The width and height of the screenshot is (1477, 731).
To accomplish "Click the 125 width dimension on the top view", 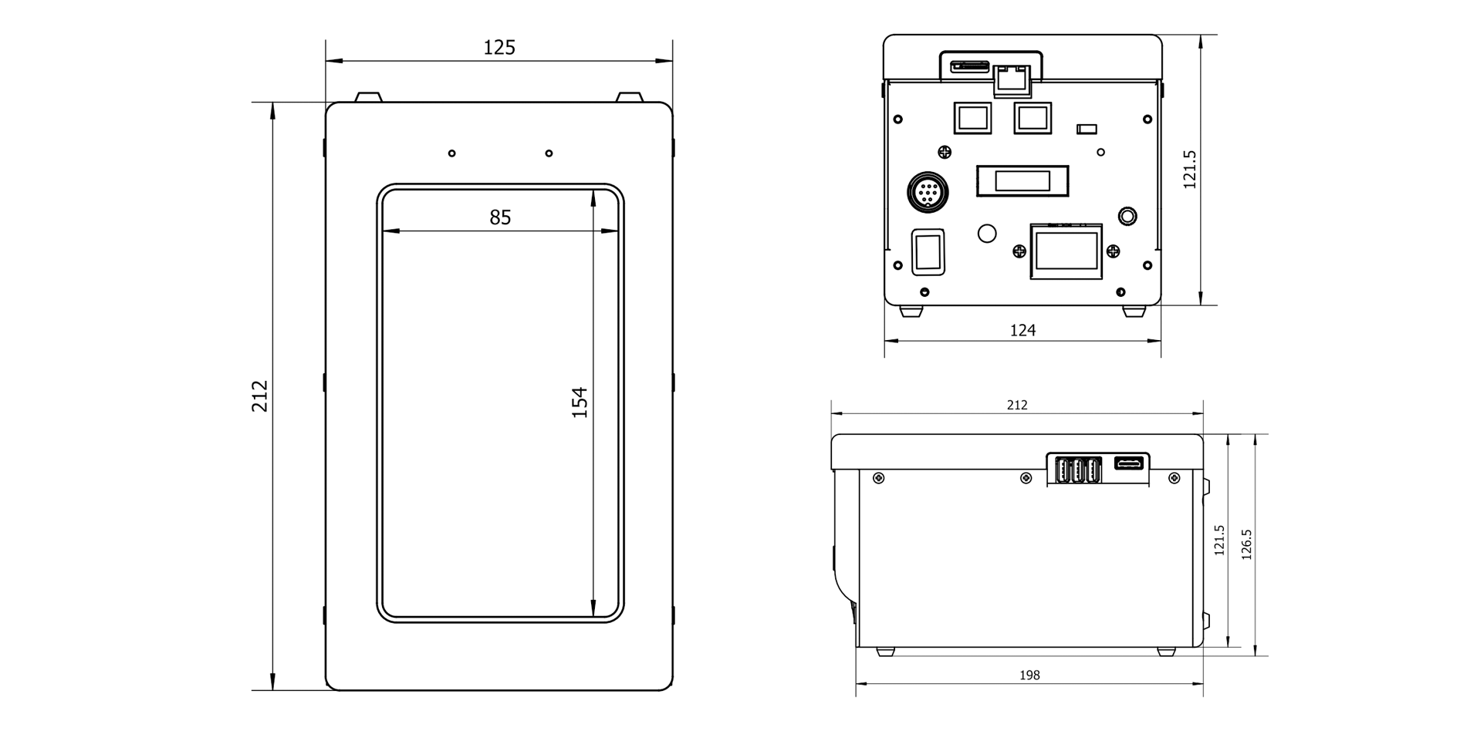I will [499, 48].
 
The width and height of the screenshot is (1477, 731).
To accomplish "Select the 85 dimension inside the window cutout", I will [500, 217].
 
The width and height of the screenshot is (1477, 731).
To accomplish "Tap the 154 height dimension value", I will [580, 403].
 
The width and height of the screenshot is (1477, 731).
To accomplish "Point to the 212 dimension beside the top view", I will [260, 396].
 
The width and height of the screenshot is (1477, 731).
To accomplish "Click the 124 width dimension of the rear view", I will [1022, 330].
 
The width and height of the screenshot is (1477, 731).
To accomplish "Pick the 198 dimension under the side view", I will [1029, 675].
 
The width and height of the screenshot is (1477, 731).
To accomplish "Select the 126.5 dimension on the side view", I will [1246, 544].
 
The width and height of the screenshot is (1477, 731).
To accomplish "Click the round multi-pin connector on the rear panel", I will [928, 191].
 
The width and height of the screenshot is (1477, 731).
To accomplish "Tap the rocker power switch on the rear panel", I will [928, 251].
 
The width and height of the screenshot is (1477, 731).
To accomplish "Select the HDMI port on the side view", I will [1131, 463].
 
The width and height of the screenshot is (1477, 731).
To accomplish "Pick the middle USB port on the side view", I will [1076, 470].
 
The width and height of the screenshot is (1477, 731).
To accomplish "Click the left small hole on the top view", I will [452, 153].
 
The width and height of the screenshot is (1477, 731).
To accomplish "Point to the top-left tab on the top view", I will [368, 97].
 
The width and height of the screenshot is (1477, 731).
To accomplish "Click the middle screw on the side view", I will [1026, 478].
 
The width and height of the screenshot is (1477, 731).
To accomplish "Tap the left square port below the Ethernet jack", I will [972, 118].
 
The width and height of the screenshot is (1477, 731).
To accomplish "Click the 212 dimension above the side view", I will [1017, 405].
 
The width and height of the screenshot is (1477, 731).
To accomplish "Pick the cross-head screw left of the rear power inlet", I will [1019, 251].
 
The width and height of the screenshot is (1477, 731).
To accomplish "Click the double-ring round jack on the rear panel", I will [1127, 216].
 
